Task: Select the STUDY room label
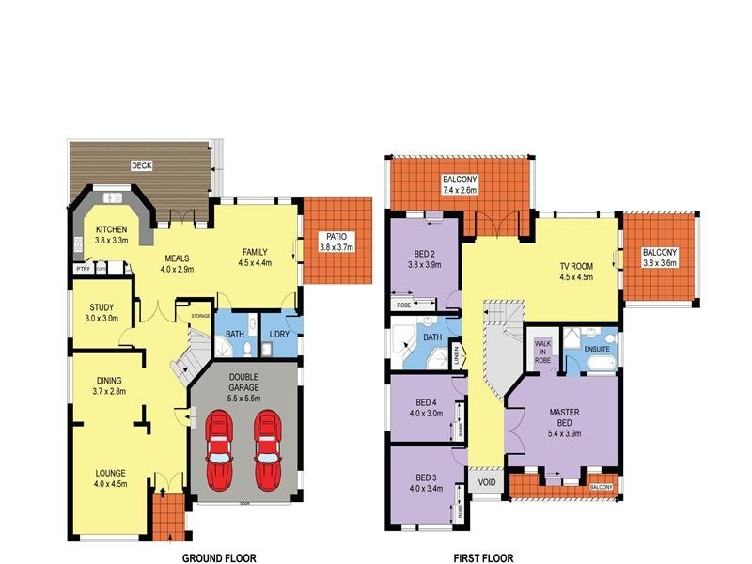[x=102, y=307]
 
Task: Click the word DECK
[x=142, y=165]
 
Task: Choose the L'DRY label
[x=279, y=336]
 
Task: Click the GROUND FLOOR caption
[x=218, y=557]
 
